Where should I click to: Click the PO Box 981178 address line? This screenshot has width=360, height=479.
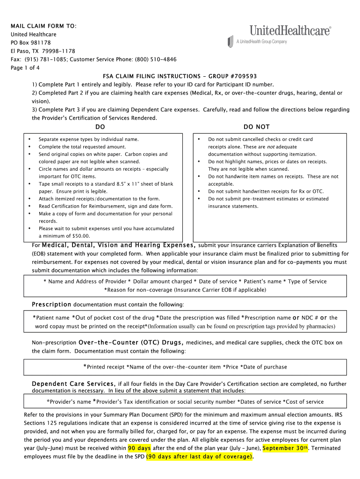point(31,43)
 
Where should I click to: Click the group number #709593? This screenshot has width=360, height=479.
point(240,76)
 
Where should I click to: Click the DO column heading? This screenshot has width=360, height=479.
point(100,127)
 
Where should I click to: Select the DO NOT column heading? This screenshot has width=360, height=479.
point(257,127)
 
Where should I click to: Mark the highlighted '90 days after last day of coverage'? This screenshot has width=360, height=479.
point(199,457)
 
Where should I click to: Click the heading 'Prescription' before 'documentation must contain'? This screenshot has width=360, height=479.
point(51,305)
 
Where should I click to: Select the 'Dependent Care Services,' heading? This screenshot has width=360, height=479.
point(73,384)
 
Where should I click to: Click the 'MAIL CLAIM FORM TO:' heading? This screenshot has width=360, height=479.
point(43,26)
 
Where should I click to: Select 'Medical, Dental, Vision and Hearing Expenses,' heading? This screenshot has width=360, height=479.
point(119,245)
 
